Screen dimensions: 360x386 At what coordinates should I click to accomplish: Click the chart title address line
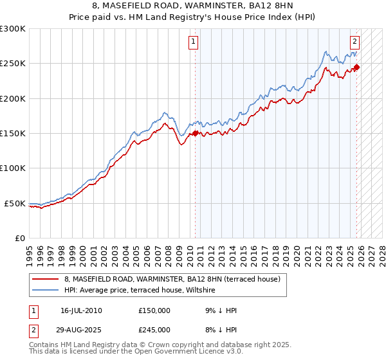(192, 6)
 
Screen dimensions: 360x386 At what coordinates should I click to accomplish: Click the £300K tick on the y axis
(13, 29)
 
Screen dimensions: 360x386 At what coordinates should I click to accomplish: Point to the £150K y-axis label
(13, 134)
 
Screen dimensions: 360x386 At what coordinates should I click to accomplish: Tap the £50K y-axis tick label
(15, 203)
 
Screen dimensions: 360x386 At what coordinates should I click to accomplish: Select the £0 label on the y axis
(20, 238)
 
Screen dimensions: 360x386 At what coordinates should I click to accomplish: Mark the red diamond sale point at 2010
(196, 134)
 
